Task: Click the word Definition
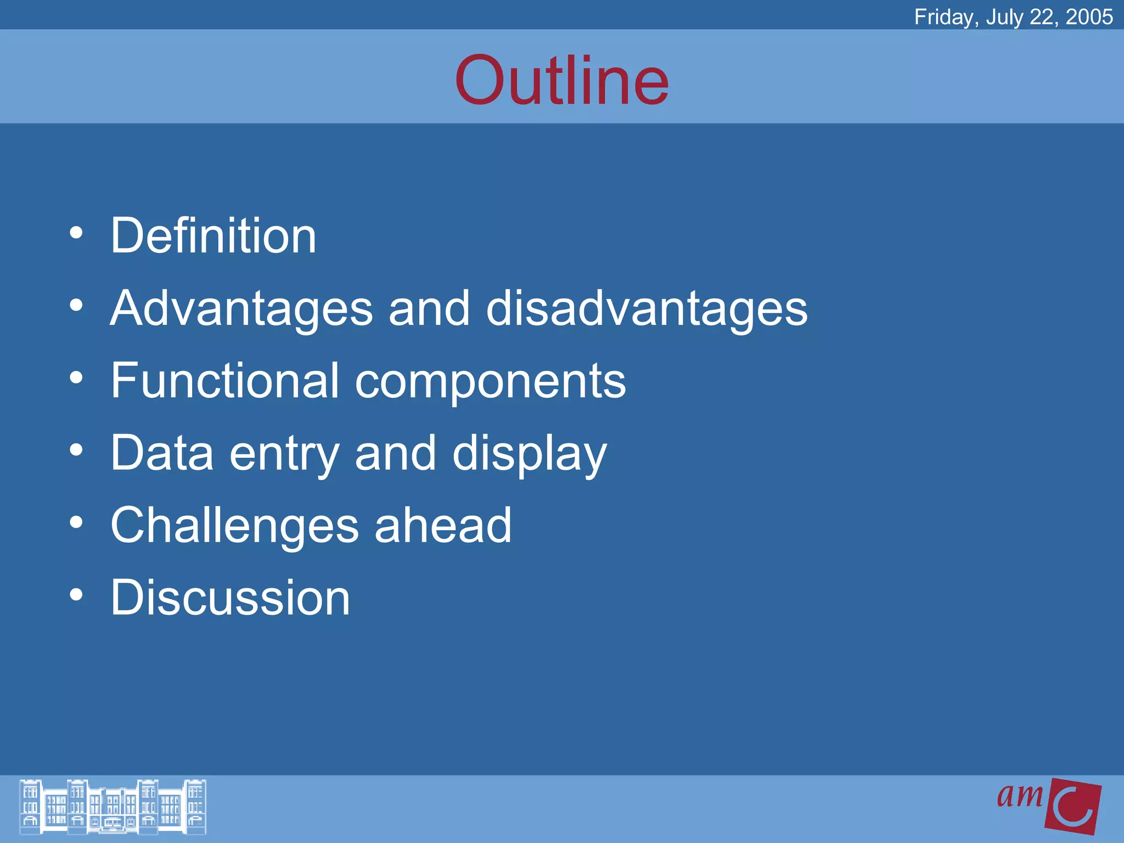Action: click(x=213, y=236)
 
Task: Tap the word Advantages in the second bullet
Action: click(x=241, y=308)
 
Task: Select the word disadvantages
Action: click(x=647, y=308)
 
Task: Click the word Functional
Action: click(x=225, y=380)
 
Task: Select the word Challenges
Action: click(x=234, y=526)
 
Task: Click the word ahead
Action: click(x=443, y=526)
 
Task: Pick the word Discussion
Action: click(x=230, y=598)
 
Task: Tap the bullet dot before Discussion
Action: click(x=76, y=595)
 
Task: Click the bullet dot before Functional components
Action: click(x=76, y=378)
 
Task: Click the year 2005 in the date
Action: click(x=1089, y=17)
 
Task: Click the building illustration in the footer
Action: click(x=113, y=807)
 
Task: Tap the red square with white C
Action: click(x=1074, y=806)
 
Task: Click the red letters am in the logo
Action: click(x=1020, y=796)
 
